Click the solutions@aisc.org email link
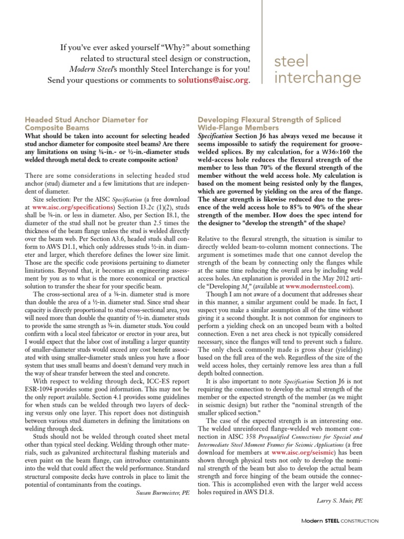(214, 80)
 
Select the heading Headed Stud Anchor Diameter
(87, 120)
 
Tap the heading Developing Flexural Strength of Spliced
(269, 120)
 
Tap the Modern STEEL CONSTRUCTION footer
(339, 521)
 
